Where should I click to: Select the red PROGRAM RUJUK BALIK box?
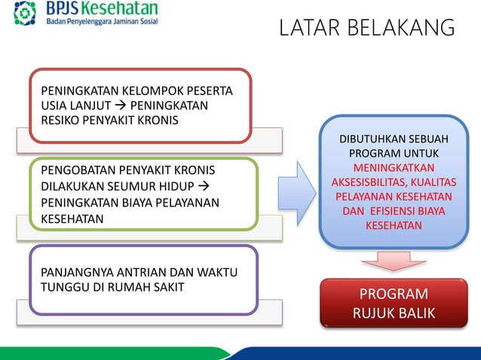point(394,304)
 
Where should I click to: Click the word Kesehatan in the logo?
point(121,8)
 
